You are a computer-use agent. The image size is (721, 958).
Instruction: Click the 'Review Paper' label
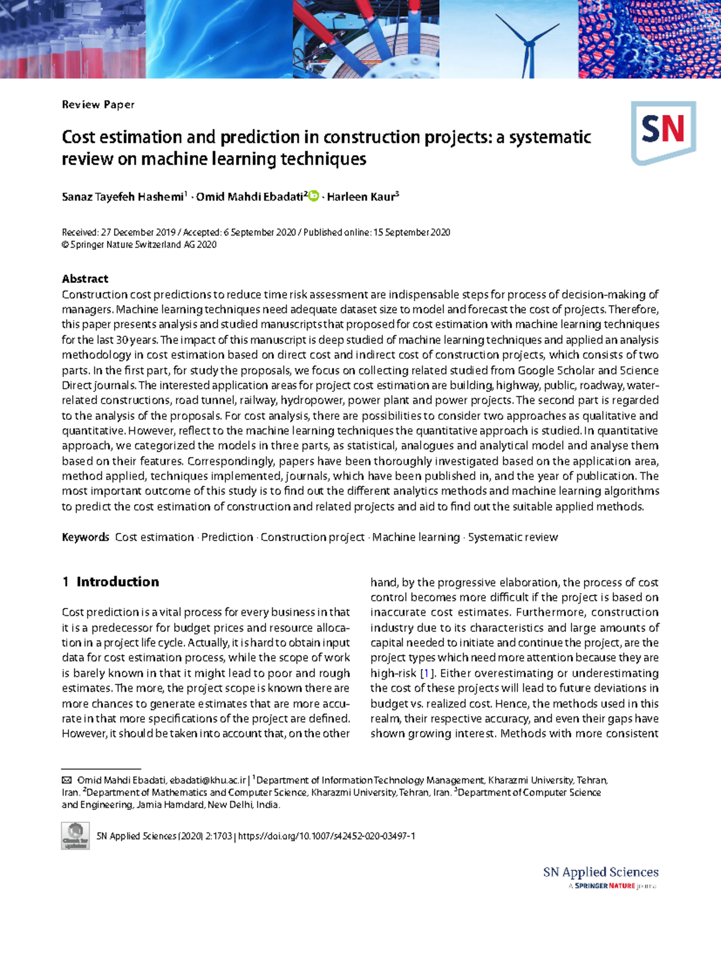(98, 105)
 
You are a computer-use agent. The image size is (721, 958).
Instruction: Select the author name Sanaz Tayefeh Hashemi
(123, 197)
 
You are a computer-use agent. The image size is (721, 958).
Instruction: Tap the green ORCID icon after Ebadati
(314, 195)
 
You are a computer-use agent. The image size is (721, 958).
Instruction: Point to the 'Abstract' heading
(85, 278)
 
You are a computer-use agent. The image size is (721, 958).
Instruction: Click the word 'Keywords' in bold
(85, 537)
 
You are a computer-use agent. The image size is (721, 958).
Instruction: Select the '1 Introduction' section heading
(111, 582)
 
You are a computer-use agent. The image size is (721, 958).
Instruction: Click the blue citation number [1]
(426, 673)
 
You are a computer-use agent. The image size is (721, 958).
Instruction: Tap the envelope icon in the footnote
(67, 780)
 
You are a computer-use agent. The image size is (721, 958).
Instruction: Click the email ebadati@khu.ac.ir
(208, 780)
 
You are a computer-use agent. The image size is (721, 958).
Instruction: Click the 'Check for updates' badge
(75, 836)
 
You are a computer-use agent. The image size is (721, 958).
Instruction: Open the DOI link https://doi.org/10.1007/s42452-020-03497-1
(326, 836)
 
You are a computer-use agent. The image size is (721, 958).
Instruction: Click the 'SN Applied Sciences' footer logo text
(600, 872)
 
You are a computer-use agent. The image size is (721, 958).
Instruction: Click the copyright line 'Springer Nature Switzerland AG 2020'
(139, 245)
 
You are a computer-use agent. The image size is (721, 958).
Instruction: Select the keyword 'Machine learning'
(416, 537)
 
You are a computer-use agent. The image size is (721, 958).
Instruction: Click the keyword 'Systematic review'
(513, 537)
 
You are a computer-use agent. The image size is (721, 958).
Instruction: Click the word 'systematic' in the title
(550, 137)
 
